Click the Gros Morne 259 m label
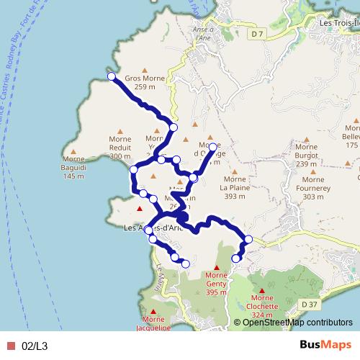[x=145, y=82]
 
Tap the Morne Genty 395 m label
[x=216, y=282]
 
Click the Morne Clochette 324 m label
[x=262, y=306]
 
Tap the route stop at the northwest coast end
[x=112, y=76]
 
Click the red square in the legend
[x=11, y=346]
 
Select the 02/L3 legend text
[x=35, y=346]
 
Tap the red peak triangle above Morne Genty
[x=216, y=268]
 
